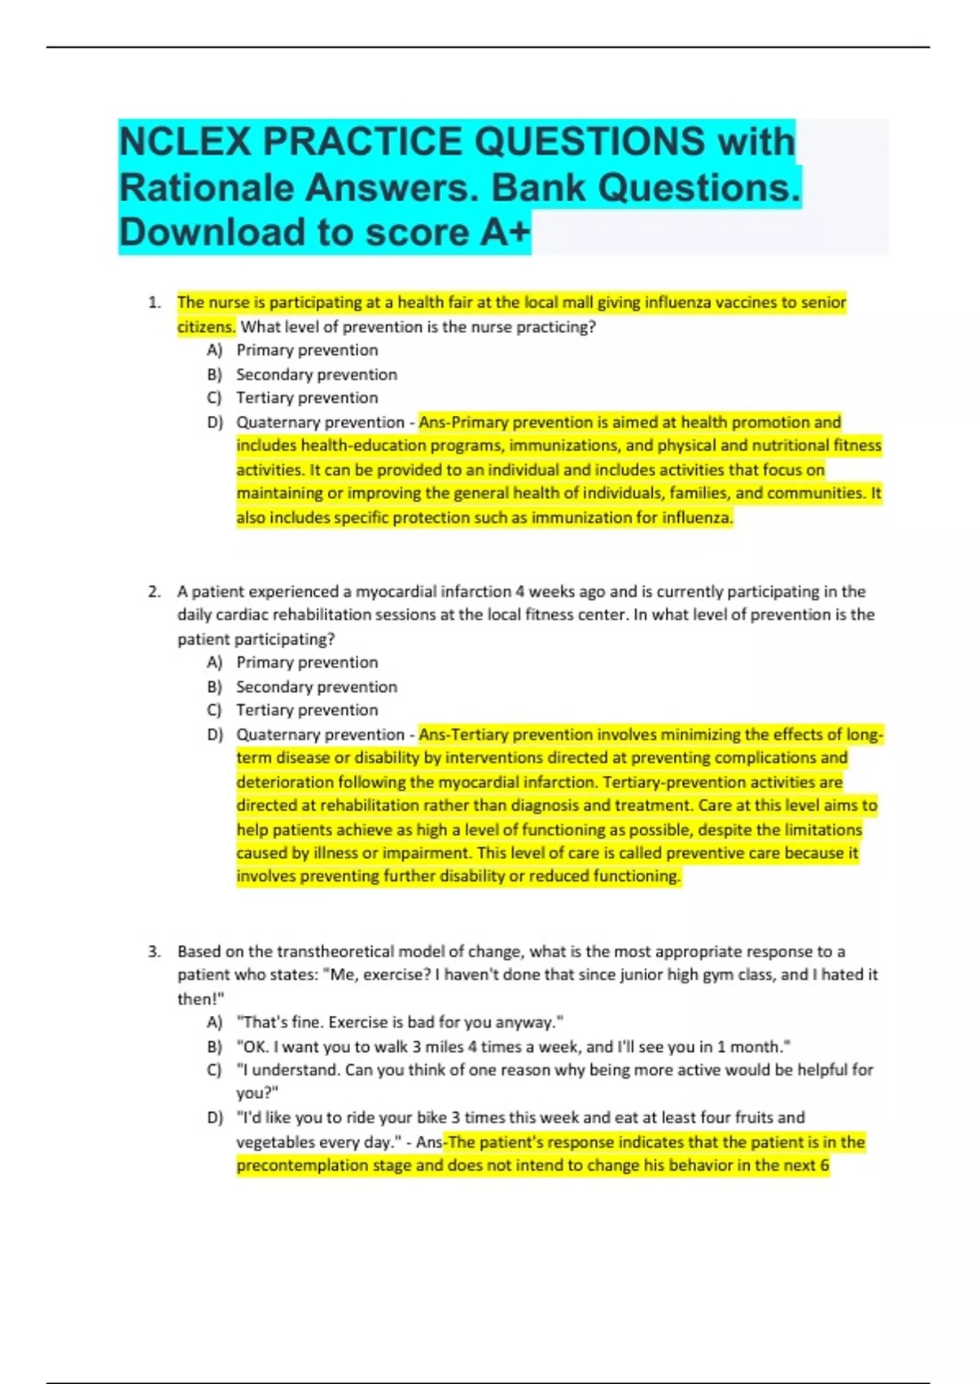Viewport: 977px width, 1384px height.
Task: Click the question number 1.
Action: [154, 303]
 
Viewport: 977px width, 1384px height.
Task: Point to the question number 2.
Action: [154, 592]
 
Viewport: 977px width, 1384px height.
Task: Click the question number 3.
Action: [154, 952]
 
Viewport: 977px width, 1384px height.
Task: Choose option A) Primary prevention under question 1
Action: [307, 350]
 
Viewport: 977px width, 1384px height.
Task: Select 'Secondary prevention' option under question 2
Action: [316, 687]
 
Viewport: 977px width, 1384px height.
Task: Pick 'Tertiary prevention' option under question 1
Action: [307, 398]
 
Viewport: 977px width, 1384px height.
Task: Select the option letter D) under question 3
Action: [215, 1118]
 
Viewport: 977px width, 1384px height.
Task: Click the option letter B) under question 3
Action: [215, 1047]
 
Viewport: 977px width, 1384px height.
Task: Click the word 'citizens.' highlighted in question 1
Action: [207, 327]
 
